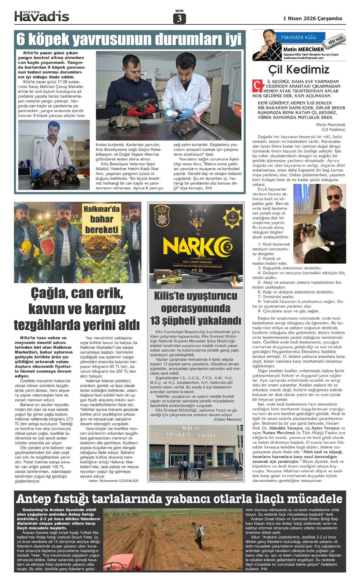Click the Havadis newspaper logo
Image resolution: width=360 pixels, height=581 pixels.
pos(42,16)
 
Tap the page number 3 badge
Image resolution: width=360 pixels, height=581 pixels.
pos(179,19)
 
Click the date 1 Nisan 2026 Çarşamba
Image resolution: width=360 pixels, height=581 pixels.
pos(312,19)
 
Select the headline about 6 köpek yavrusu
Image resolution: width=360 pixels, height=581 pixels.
pos(129,39)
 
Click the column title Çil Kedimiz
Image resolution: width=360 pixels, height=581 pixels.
pos(298,70)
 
